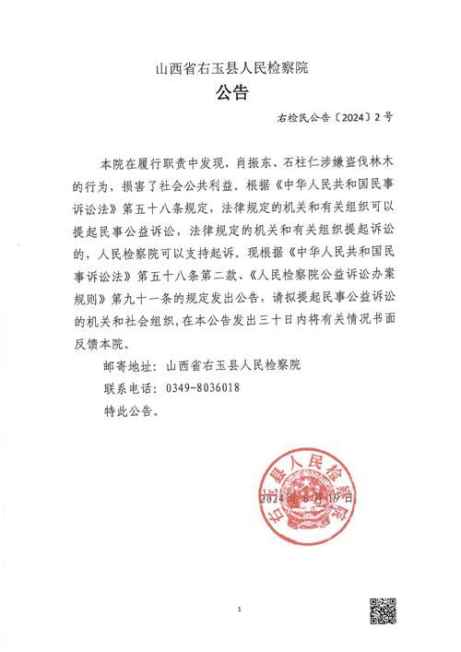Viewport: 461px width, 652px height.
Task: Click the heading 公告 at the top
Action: pyautogui.click(x=230, y=92)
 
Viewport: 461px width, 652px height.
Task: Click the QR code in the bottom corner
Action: pyautogui.click(x=384, y=614)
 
